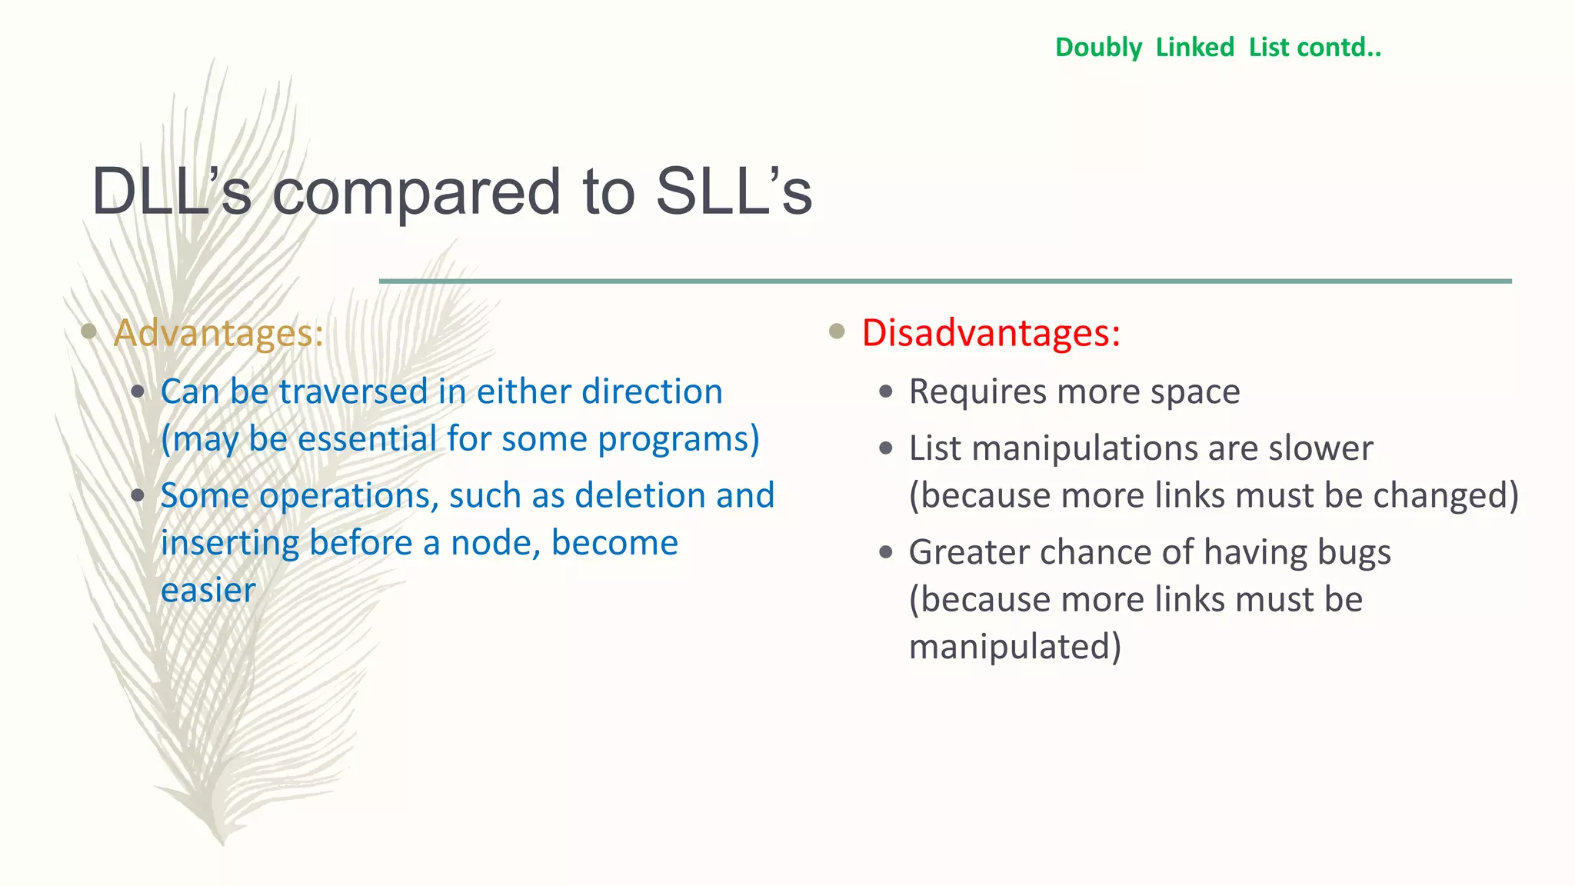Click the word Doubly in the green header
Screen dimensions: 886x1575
click(x=1098, y=48)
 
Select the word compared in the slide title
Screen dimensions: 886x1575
click(x=416, y=192)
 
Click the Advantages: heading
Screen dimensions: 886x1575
click(x=218, y=333)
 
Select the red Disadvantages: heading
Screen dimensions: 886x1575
click(x=991, y=333)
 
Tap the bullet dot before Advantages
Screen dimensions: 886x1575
click(x=89, y=331)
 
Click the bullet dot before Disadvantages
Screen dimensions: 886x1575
click(x=837, y=331)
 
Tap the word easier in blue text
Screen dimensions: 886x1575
click(x=208, y=591)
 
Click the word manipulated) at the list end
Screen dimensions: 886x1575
click(x=1014, y=647)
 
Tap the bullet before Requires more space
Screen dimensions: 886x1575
click(x=886, y=392)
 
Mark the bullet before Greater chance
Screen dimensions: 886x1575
click(x=886, y=552)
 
